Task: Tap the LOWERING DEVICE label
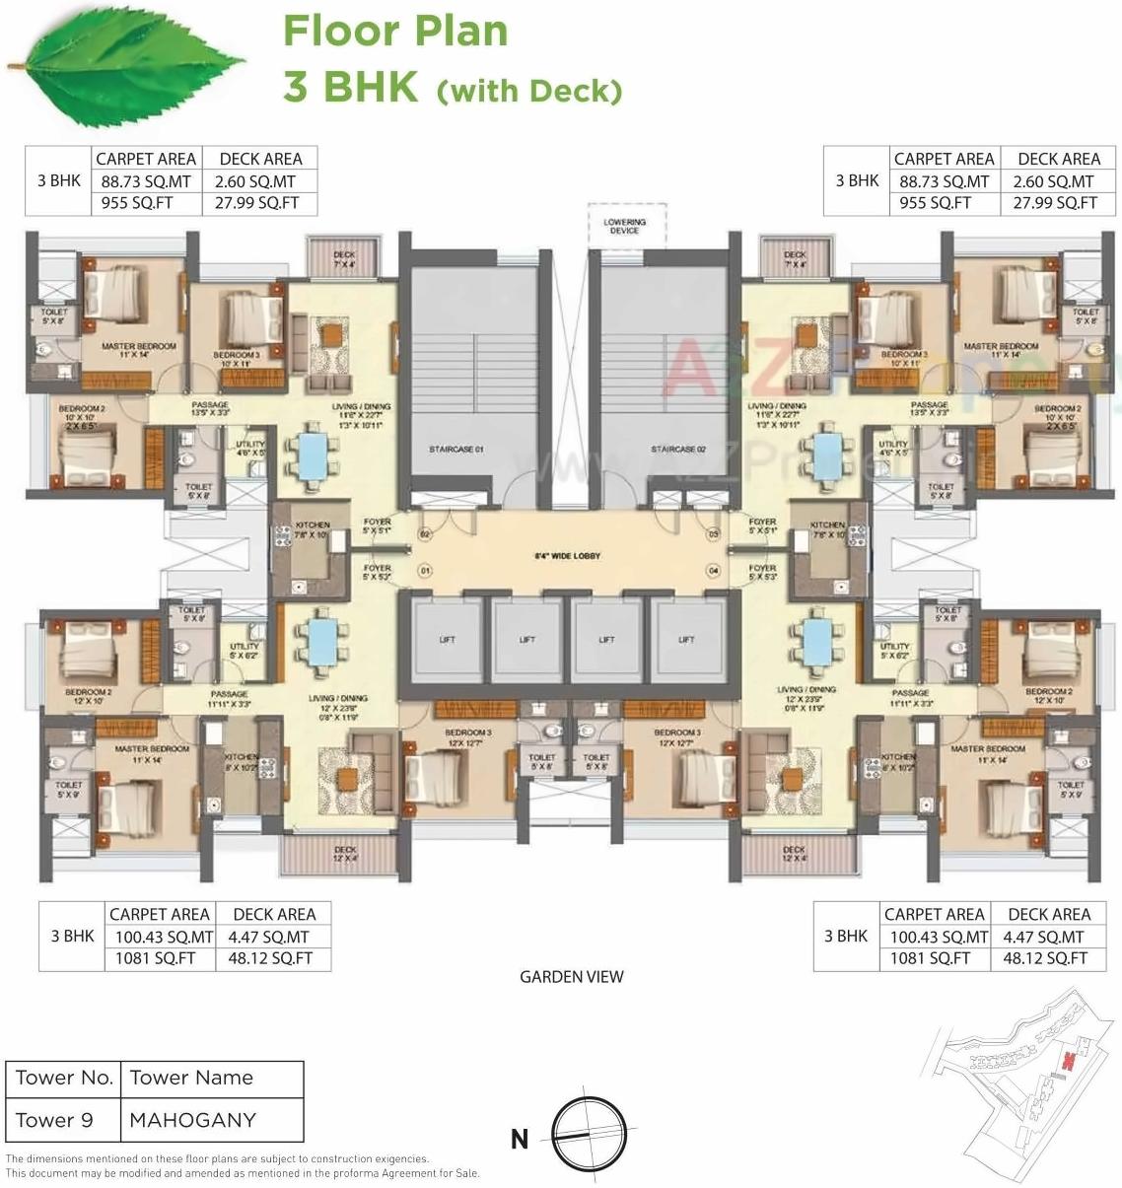(624, 226)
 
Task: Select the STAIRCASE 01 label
(456, 450)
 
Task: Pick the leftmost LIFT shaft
(447, 640)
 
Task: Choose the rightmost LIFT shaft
(686, 640)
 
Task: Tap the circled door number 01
(426, 570)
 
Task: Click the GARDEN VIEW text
(572, 977)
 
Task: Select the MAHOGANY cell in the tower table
(193, 1121)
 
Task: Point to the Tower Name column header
(191, 1079)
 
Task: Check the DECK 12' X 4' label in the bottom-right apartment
(794, 854)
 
